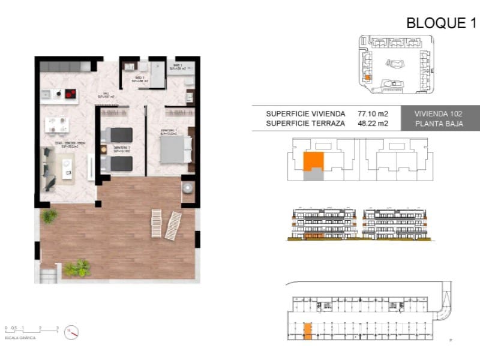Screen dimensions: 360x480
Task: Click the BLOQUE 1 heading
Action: [x=441, y=23]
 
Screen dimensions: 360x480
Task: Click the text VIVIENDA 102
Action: [x=439, y=113]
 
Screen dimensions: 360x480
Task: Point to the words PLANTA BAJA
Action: [x=439, y=124]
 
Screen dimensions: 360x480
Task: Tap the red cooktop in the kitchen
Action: [x=71, y=93]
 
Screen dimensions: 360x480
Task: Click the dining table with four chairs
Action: [x=57, y=125]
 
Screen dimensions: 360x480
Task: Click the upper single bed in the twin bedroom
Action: [x=120, y=134]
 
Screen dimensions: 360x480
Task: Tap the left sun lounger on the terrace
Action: [x=156, y=223]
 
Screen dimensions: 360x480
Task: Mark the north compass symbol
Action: [x=72, y=331]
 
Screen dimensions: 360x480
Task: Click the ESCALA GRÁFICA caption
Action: [x=20, y=338]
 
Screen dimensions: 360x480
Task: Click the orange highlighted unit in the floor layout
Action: [x=313, y=161]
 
